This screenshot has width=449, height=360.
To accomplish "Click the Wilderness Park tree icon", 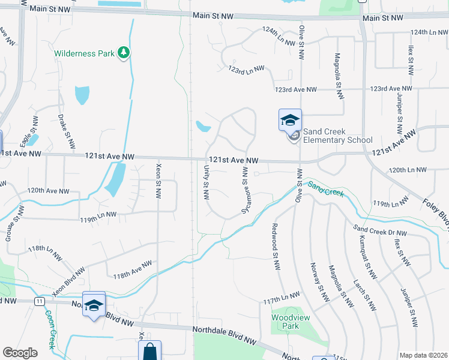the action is [x=124, y=53].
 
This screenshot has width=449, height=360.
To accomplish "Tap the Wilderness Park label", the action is [x=84, y=53].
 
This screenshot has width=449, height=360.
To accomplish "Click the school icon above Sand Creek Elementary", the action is [x=290, y=119].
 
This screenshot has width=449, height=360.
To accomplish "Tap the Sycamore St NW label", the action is [x=245, y=190].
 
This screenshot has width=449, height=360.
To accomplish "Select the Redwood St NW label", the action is [x=276, y=241].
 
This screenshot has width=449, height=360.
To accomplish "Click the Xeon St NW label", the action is [x=158, y=181].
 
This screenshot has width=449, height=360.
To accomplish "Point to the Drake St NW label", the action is [x=67, y=131].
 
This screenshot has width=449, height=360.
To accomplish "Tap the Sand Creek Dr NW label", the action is [x=380, y=230].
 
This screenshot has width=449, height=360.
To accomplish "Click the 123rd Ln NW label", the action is [x=247, y=70].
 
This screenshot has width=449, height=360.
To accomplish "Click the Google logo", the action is [x=20, y=353].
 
